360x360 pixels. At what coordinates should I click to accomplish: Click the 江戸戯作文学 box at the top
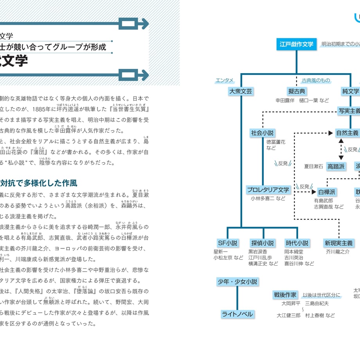tap(297, 44)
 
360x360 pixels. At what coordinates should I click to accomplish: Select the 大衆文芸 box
tap(241, 91)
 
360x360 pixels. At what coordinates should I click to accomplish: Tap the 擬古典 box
tap(297, 91)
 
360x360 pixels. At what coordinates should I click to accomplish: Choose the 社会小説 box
tap(263, 133)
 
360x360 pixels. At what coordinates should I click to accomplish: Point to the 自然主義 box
tap(347, 133)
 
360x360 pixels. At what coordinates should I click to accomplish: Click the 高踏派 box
tap(336, 166)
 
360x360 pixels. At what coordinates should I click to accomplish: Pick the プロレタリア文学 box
tap(268, 190)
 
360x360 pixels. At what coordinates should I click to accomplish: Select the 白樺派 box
tap(327, 192)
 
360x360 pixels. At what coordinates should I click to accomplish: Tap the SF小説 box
tap(228, 243)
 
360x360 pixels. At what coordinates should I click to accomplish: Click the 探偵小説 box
tap(263, 243)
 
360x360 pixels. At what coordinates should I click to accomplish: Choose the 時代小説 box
tap(297, 243)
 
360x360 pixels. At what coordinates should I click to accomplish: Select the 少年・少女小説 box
tap(238, 282)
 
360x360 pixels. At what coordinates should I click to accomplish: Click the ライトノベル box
tap(238, 314)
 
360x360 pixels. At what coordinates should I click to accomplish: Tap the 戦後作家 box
tap(285, 295)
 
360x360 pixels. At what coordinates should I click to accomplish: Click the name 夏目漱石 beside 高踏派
tap(314, 167)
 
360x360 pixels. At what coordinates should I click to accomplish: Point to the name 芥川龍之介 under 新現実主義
tap(337, 252)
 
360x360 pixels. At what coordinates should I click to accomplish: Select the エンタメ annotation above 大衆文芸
tap(225, 81)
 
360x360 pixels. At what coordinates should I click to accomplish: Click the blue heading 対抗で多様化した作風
tap(38, 183)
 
